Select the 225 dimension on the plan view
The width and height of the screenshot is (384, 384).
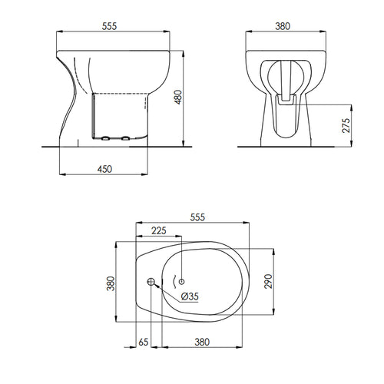(x=157, y=230)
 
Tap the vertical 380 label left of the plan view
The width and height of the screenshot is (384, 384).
(x=110, y=286)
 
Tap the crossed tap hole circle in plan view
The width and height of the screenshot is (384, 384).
(x=151, y=283)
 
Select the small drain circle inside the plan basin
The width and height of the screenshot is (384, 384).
(x=183, y=283)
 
